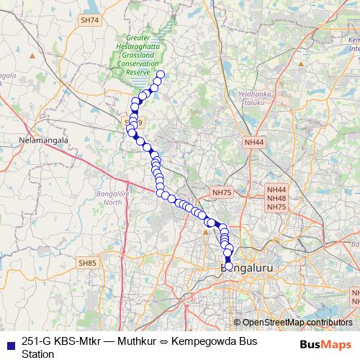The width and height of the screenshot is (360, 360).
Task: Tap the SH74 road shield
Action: coord(90,20)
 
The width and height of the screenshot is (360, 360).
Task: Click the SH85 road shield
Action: coord(87,264)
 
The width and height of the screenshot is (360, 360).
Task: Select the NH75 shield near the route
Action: coord(222,192)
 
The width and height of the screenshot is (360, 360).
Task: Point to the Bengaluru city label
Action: coord(248,268)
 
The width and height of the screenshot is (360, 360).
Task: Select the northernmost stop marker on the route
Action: coord(161,75)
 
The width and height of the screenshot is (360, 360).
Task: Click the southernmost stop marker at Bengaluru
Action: coord(229,266)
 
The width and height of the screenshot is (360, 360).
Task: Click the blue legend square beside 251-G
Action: coord(9,342)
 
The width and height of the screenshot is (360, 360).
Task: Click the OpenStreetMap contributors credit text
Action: coord(297,322)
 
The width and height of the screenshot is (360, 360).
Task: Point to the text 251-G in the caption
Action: coord(37,342)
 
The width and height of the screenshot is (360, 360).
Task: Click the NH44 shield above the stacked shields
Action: coord(254,143)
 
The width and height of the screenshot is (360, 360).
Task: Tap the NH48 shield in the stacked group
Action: coord(277,198)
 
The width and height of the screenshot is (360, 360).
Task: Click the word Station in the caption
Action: coord(38,354)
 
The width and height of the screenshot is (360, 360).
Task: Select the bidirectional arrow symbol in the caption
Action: coord(173,342)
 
